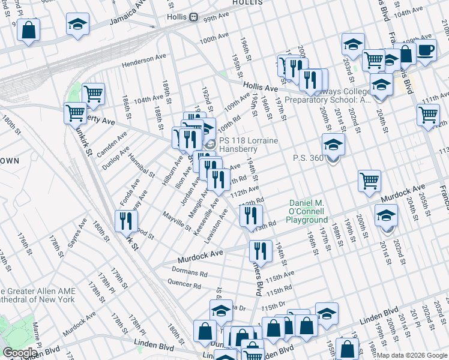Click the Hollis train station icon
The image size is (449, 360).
point(194,17)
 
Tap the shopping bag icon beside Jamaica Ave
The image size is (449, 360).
point(28,30)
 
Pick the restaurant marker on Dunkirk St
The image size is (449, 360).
point(126,221)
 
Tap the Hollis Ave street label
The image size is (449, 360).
point(261,88)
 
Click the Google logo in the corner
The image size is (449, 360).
point(20,353)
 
